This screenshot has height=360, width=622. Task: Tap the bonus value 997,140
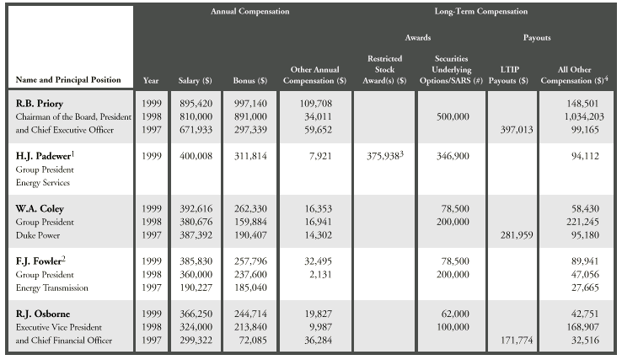[x=250, y=101]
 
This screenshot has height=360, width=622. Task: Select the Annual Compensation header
[x=249, y=13]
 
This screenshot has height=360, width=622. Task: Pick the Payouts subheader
[x=545, y=38]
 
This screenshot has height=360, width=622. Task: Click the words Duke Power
[x=36, y=234]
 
